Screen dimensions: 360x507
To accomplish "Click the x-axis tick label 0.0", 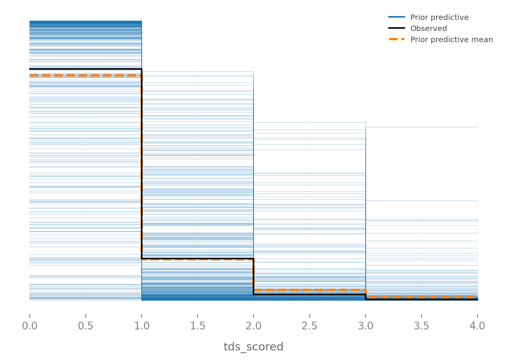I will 29,326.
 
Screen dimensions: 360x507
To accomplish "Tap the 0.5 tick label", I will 85,326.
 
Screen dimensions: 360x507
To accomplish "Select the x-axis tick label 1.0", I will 142,326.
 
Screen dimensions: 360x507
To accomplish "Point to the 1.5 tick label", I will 198,326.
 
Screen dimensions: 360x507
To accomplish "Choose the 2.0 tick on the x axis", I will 253,326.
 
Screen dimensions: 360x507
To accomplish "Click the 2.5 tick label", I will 309,326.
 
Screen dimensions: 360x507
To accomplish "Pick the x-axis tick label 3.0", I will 366,326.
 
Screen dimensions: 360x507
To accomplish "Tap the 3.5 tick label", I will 422,326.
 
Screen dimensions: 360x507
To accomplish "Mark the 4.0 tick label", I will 478,326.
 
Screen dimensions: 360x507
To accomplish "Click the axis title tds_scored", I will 253,347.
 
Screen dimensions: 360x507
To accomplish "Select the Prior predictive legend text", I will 439,17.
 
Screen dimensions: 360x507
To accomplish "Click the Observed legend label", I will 428,28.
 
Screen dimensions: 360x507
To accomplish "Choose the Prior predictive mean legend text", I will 451,39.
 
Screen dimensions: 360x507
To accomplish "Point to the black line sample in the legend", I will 397,28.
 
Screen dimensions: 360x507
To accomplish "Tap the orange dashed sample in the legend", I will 397,39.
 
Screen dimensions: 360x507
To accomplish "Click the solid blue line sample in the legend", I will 397,17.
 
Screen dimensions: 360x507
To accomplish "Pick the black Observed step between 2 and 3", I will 309,294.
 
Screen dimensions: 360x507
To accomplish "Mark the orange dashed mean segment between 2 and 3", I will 309,290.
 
